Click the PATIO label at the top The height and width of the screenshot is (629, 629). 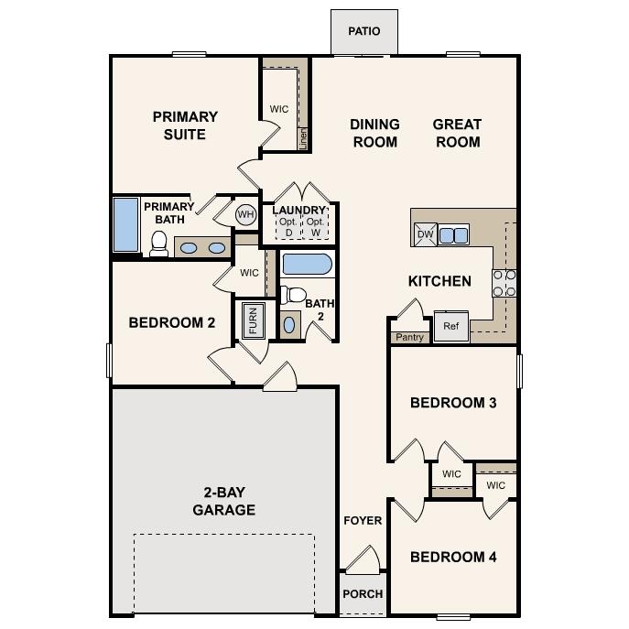click(363, 32)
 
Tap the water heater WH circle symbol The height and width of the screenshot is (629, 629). click(245, 214)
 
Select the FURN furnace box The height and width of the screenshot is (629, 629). click(253, 320)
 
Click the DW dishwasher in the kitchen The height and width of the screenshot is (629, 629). click(425, 234)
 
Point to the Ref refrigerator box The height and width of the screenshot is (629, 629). click(450, 326)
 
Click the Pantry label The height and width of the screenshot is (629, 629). click(409, 337)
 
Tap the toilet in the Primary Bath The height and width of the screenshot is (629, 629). click(159, 243)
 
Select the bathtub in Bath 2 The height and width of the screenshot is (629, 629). click(306, 266)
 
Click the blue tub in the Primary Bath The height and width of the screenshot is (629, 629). click(125, 225)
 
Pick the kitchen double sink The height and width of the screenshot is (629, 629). click(453, 235)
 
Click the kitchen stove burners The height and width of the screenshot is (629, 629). click(504, 282)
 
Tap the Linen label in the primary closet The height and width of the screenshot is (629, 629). click(303, 138)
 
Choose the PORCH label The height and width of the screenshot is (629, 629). click(363, 593)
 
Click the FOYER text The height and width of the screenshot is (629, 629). click(363, 520)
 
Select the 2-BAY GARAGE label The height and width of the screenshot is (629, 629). click(223, 501)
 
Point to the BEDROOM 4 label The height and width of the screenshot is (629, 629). click(453, 557)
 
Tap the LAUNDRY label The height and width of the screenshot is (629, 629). click(299, 211)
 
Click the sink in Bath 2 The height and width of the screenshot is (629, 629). click(290, 324)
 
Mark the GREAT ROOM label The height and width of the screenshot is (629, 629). click(457, 133)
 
